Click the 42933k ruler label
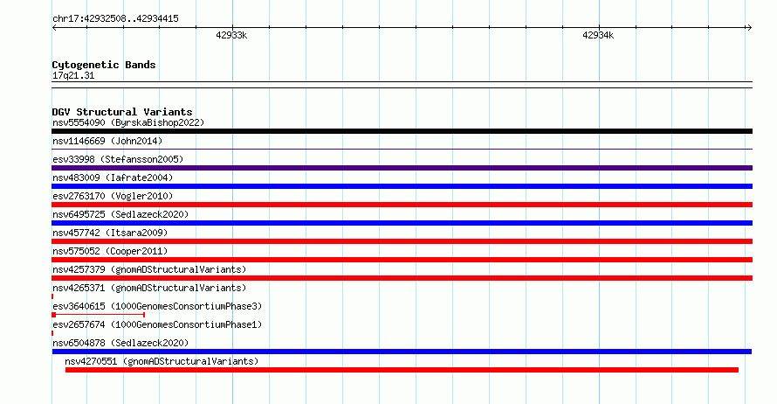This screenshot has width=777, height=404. (231, 35)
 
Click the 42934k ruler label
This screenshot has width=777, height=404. (598, 35)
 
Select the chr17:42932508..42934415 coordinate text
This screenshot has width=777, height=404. (115, 19)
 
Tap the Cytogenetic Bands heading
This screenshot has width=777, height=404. (104, 65)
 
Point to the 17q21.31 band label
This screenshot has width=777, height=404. (73, 75)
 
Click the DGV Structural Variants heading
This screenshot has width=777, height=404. (122, 112)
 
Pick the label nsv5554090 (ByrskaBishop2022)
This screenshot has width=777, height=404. (128, 122)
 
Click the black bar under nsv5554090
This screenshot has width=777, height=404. (402, 131)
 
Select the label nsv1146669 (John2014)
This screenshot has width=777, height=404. (107, 141)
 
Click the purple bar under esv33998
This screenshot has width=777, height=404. (402, 168)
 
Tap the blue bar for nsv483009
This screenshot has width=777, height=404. (402, 186)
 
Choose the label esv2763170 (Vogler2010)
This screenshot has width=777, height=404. (113, 196)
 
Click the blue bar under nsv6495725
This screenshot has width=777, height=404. (402, 223)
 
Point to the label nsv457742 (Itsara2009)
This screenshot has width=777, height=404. (110, 233)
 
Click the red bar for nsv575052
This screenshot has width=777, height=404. (402, 260)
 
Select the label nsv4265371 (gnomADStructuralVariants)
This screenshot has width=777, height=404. (149, 288)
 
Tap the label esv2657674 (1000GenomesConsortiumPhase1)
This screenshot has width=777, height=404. (157, 324)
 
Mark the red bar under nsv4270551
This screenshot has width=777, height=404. (402, 370)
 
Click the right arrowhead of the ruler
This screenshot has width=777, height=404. (750, 28)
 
